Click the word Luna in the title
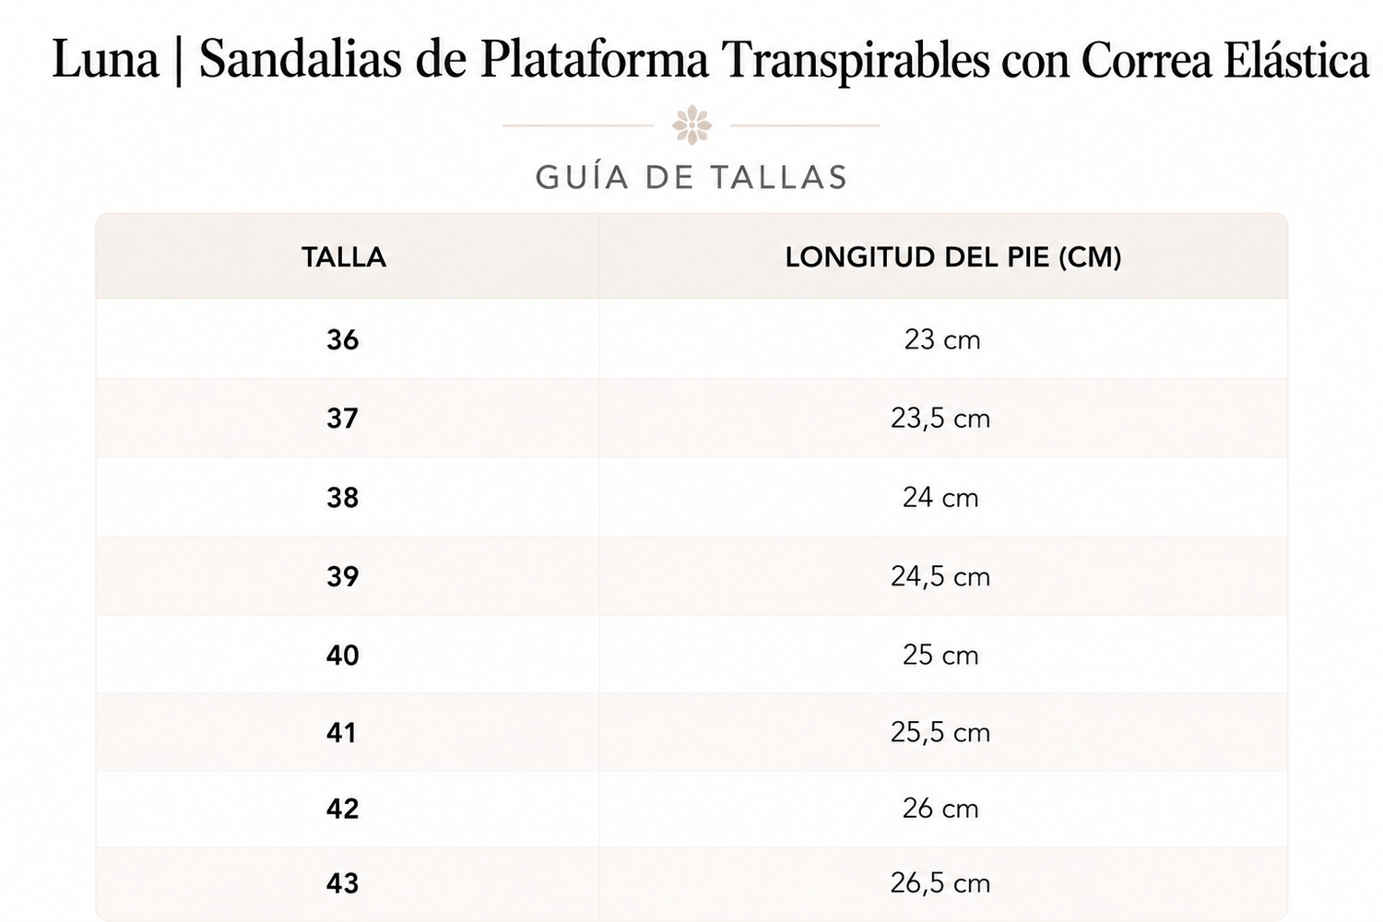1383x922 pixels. pyautogui.click(x=105, y=59)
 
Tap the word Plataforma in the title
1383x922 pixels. pyautogui.click(x=594, y=59)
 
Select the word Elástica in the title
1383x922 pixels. pyautogui.click(x=1296, y=59)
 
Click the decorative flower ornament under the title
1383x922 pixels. pyautogui.click(x=691, y=125)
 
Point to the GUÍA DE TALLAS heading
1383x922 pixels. pyautogui.click(x=691, y=177)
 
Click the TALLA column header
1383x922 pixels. pyautogui.click(x=344, y=257)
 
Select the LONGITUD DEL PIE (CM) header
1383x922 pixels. pyautogui.click(x=952, y=257)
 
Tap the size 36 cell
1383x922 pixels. pyautogui.click(x=343, y=340)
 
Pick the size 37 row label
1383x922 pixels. pyautogui.click(x=343, y=419)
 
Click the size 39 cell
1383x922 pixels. pyautogui.click(x=343, y=577)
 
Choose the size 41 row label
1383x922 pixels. pyautogui.click(x=341, y=733)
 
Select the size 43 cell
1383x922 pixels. pyautogui.click(x=343, y=883)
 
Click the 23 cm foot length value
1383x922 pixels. pyautogui.click(x=942, y=340)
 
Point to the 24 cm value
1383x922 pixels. pyautogui.click(x=940, y=498)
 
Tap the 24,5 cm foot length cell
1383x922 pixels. pyautogui.click(x=940, y=577)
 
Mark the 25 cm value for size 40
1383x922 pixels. pyautogui.click(x=940, y=656)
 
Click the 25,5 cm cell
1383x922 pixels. pyautogui.click(x=940, y=733)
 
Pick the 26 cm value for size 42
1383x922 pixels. pyautogui.click(x=940, y=809)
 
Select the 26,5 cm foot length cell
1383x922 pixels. pyautogui.click(x=940, y=883)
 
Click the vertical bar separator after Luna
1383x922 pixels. pyautogui.click(x=179, y=60)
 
